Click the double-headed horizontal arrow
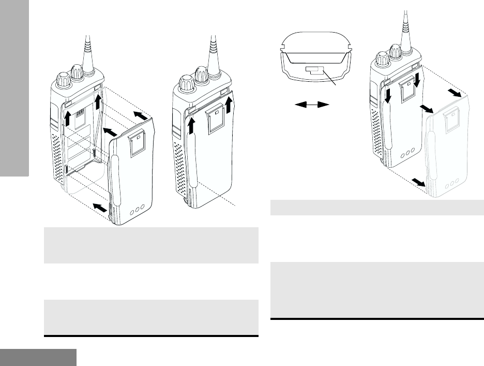[x=312, y=105]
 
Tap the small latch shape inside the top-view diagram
[x=314, y=70]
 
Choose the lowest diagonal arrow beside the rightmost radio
[x=417, y=182]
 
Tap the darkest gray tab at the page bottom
[x=38, y=357]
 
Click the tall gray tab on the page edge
[x=14, y=88]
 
